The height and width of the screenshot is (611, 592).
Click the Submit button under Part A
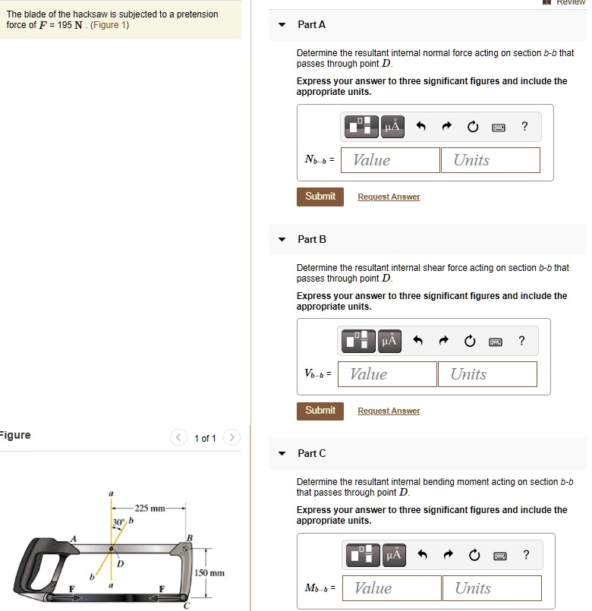320,197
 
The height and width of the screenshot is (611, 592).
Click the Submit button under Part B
320,411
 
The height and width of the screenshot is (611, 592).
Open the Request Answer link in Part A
389,197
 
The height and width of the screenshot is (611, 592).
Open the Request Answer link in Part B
389,411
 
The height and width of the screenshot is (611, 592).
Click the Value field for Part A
390,160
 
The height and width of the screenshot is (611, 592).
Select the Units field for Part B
487,374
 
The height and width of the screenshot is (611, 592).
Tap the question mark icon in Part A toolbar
524,127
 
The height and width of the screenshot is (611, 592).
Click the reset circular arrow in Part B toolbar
470,342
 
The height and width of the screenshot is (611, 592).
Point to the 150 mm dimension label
209,573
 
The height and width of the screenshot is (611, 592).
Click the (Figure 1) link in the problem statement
110,25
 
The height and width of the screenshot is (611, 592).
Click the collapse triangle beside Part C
282,453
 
